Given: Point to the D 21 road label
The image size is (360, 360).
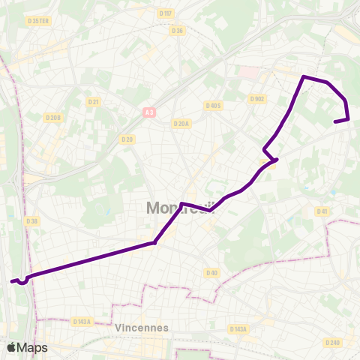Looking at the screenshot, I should [x=93, y=101].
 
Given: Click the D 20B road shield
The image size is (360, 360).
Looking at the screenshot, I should [x=53, y=117].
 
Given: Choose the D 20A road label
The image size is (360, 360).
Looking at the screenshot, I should [x=181, y=124].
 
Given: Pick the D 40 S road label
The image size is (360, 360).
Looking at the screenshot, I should [x=214, y=106].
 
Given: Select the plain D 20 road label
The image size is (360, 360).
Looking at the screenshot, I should [x=127, y=139].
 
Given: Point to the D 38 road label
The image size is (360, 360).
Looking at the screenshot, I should [x=31, y=220].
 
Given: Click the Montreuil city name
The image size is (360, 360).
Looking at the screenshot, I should [x=180, y=208].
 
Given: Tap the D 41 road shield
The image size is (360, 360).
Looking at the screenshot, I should [x=322, y=211].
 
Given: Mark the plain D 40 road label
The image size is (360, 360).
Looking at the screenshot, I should [x=212, y=272].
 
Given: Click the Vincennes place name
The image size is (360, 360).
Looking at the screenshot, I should [x=142, y=328].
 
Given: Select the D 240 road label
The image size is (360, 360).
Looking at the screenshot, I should [x=332, y=342].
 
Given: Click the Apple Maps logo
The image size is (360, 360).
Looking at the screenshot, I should [x=27, y=347].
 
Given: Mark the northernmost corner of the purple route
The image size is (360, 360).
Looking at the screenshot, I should [x=304, y=76].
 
